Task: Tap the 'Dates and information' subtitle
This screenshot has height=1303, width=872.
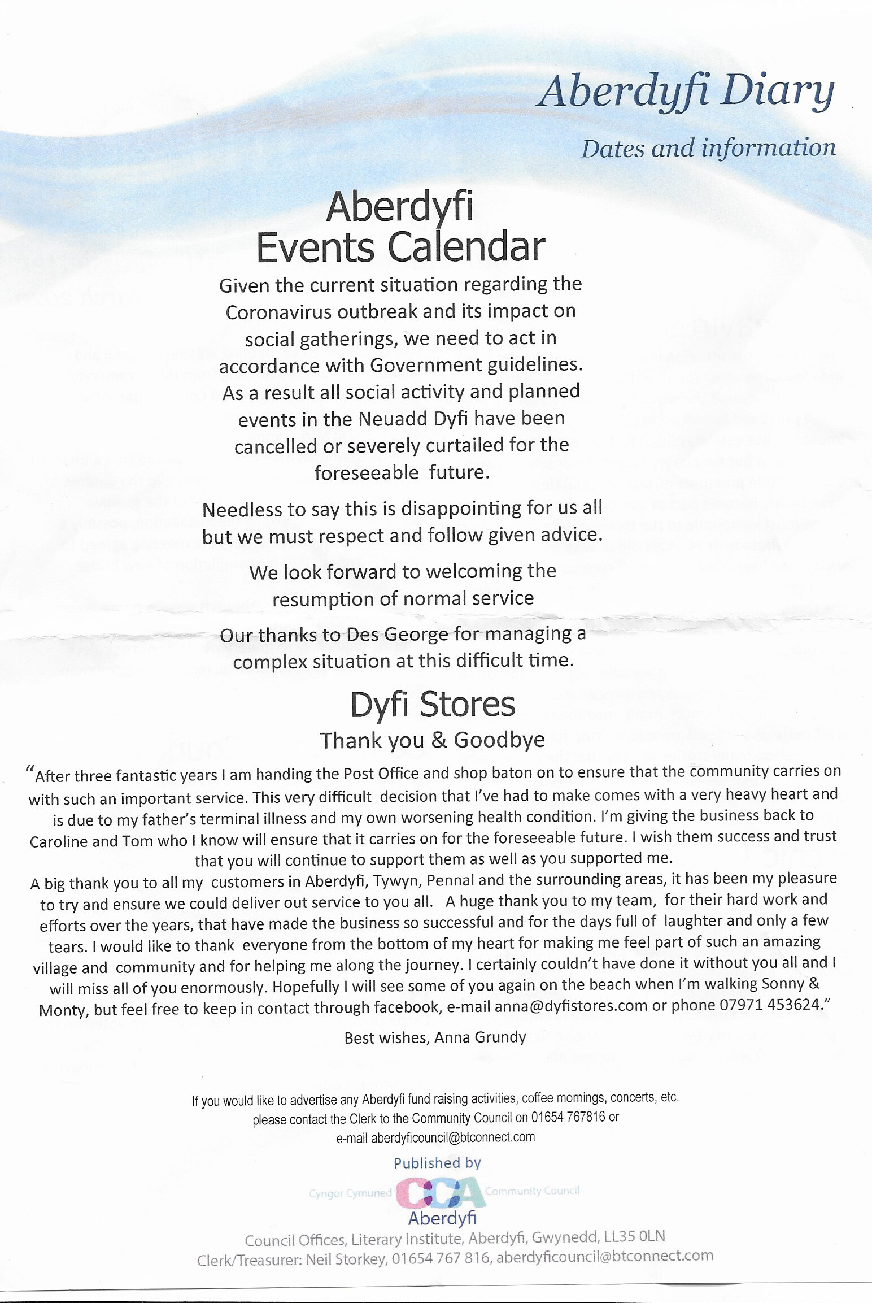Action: click(x=708, y=149)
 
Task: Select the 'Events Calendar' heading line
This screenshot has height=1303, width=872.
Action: click(x=400, y=247)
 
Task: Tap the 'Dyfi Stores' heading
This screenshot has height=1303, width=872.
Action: click(x=432, y=705)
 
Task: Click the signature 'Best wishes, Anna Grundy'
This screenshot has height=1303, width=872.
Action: click(x=435, y=1037)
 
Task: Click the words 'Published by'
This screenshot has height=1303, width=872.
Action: click(x=437, y=1163)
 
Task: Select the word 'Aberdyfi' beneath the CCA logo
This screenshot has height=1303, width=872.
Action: click(x=442, y=1219)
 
